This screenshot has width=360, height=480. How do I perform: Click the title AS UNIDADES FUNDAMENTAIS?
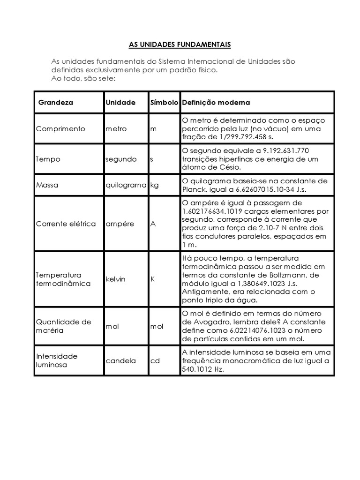coord(180,45)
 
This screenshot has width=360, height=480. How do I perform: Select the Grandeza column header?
coord(56,102)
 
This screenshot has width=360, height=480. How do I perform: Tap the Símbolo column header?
coord(164,102)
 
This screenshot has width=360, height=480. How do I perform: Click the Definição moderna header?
coord(216,102)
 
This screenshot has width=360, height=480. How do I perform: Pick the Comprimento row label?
coord(60,129)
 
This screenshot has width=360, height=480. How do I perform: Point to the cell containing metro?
coord(116,129)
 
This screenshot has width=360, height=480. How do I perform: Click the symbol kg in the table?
coord(155,185)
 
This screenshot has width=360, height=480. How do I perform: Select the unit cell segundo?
coord(121,159)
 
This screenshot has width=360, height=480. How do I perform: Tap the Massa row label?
coord(47,185)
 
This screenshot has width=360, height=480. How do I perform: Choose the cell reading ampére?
coord(120,224)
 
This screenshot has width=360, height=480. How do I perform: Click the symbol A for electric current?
coord(153,224)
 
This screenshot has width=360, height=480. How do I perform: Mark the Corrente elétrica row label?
coord(66,224)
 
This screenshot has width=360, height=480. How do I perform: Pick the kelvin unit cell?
coord(116,279)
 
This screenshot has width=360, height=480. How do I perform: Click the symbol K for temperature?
coord(152,279)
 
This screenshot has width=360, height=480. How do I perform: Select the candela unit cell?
coord(121,360)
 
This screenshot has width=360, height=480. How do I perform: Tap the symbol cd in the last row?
coord(155,360)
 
